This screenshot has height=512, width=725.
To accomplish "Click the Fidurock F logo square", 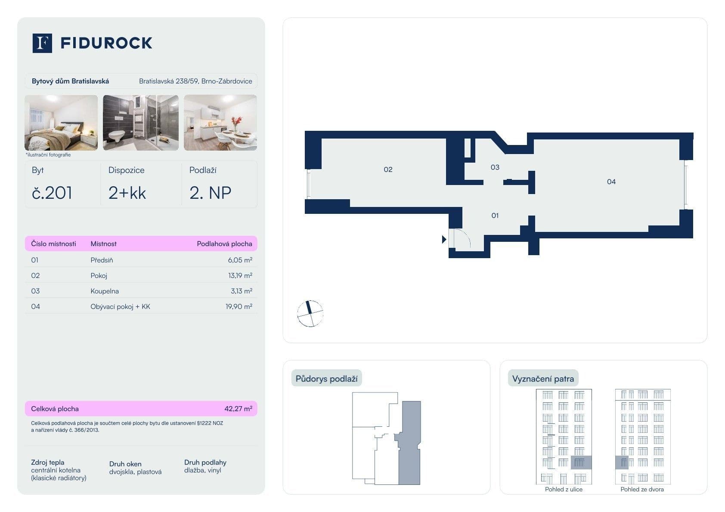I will coord(42,43).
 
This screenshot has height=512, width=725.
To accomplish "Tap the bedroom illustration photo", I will coord(61,123).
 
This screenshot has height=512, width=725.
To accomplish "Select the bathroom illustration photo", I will coord(141,123).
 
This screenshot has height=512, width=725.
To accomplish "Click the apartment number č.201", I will coord(52,193).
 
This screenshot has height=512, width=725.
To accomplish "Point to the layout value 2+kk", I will coord(127,193).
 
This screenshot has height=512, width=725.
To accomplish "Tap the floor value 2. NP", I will coord(210,193).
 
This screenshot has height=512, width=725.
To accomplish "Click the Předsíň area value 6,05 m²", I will coord(240,260).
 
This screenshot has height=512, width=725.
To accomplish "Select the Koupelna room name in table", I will coord(105,291).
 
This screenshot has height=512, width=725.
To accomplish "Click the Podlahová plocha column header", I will coord(224,244).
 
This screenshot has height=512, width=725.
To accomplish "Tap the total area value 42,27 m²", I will coord(238,409).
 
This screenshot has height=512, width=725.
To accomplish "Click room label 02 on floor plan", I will coord(388,170).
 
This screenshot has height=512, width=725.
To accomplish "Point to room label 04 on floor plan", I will coord(611,182).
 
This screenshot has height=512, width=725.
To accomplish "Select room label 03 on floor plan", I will coord(495,167).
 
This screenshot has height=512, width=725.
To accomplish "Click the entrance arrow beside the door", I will coord(444,239).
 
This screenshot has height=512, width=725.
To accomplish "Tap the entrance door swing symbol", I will coord(461,238).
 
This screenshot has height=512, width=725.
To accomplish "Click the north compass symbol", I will coord(310,313).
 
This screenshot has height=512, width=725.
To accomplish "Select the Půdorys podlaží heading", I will coord(326,379).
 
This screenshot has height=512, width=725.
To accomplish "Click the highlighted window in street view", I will coord(581,463).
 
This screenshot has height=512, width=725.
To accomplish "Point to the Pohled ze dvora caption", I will coord(642,489).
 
